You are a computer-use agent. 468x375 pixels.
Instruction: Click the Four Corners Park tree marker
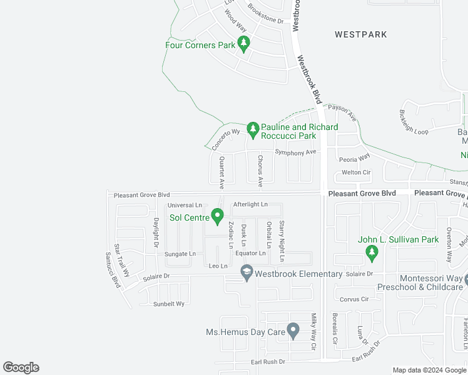(244, 44)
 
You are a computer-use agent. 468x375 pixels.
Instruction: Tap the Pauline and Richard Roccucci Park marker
(253, 129)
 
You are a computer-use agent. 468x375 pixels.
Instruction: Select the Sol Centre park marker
(217, 216)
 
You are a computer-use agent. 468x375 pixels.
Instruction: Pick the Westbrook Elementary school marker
(247, 272)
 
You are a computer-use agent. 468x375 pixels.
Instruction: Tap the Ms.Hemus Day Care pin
(292, 329)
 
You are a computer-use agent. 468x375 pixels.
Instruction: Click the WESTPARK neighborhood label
(361, 34)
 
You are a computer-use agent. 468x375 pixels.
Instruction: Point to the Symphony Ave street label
(296, 152)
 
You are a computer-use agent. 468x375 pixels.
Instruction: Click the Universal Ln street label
(185, 205)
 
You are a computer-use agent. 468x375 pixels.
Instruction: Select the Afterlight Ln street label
(250, 204)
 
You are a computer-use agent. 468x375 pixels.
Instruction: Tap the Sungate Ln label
(180, 254)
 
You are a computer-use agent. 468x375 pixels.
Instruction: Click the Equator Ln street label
(250, 253)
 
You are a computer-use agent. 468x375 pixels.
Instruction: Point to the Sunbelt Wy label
(170, 304)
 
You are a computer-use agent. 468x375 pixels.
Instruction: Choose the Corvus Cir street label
(355, 299)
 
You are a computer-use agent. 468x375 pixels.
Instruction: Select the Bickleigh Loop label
(414, 122)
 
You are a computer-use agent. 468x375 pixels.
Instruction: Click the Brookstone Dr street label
(265, 14)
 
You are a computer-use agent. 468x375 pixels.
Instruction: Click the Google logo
(21, 367)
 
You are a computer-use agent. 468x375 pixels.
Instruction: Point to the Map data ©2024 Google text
(429, 370)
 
